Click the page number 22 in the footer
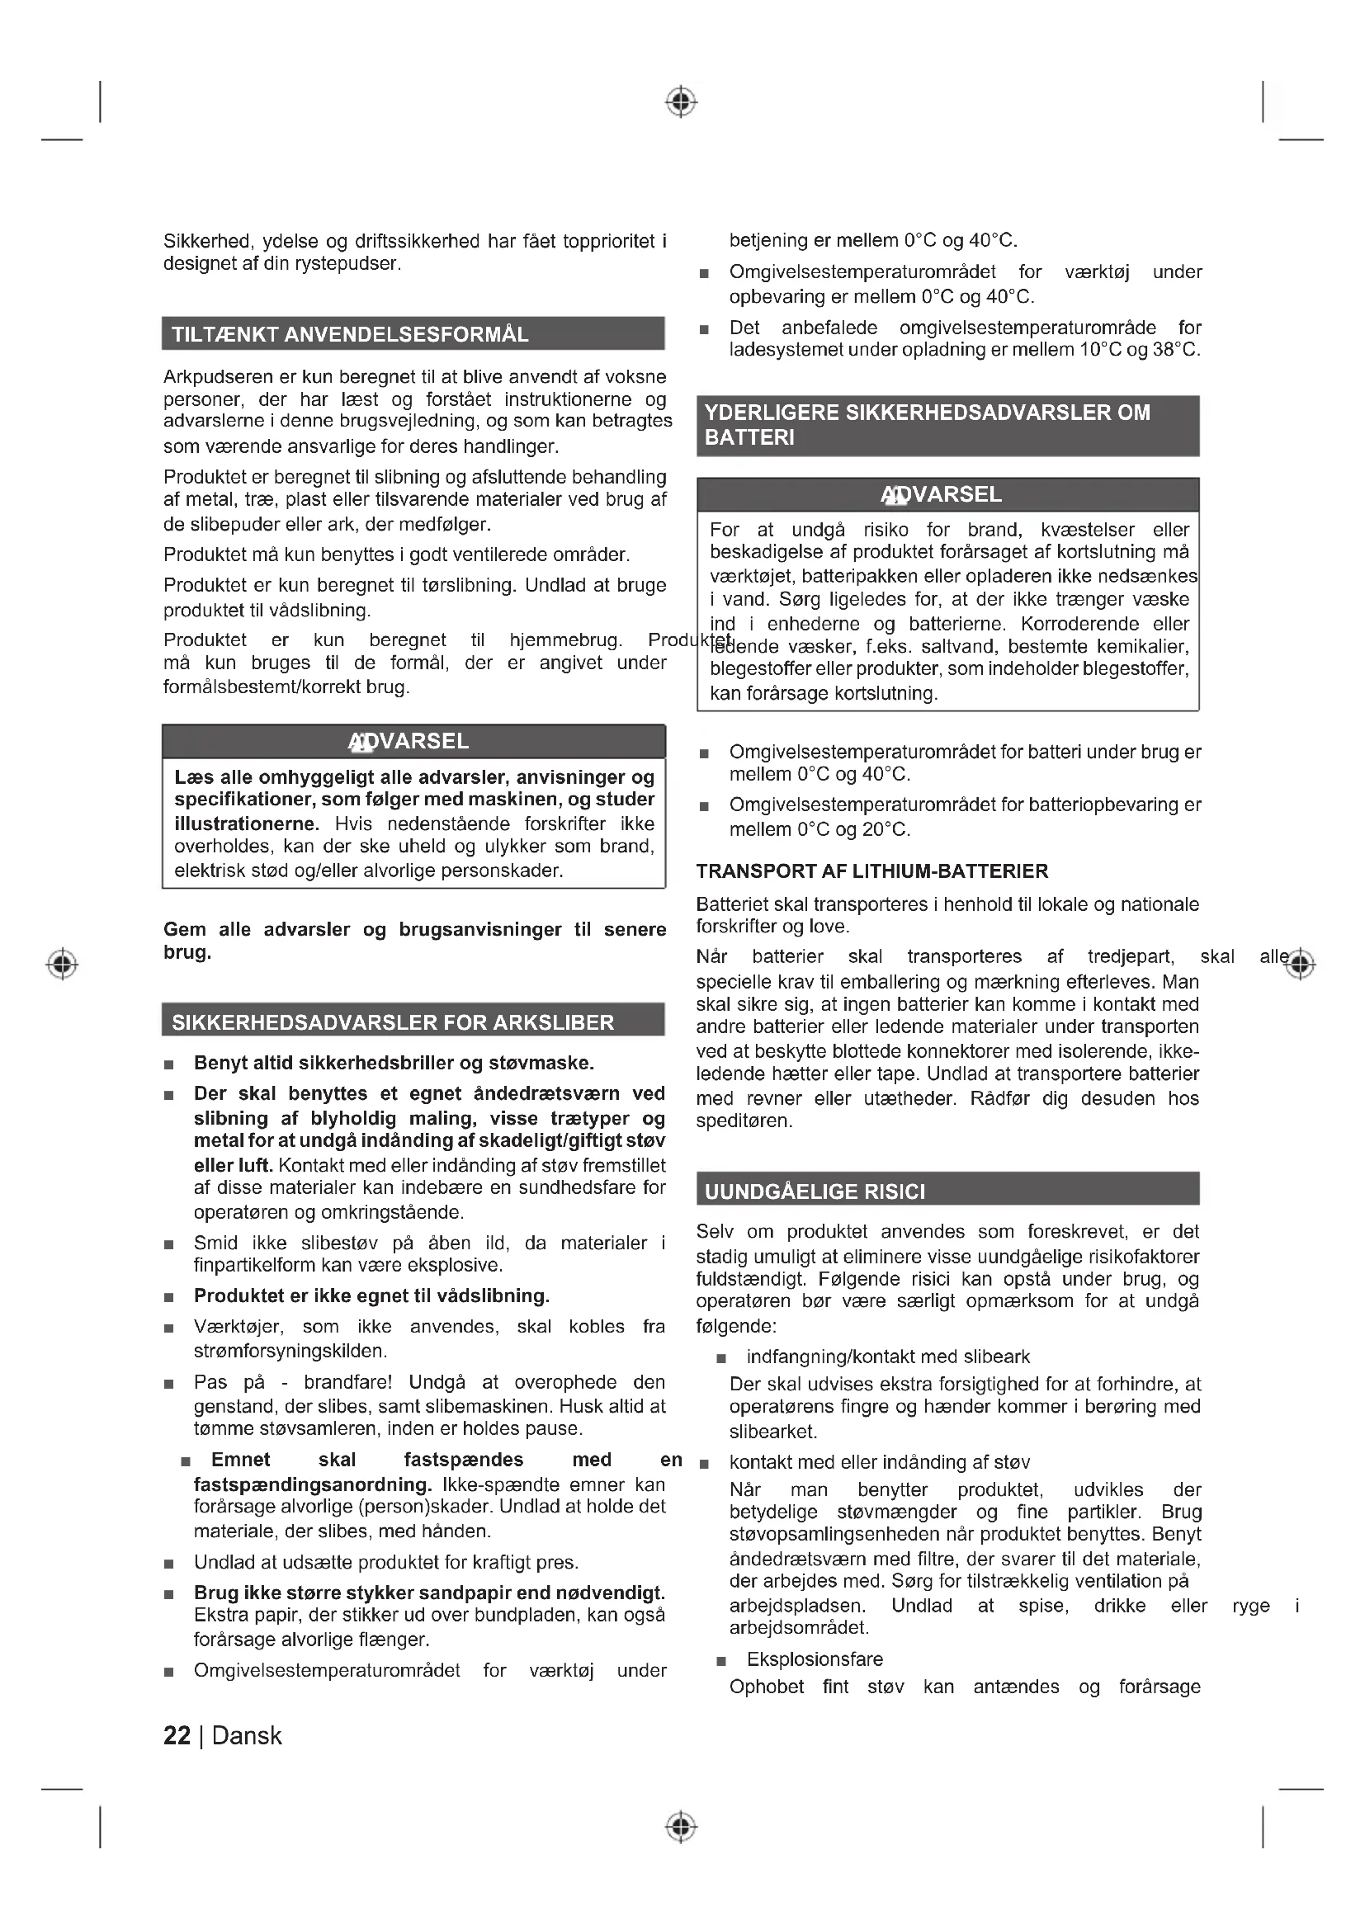177,1736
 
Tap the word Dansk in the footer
247,1736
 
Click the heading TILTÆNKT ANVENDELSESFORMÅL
350,334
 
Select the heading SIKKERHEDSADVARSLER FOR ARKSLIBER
393,1022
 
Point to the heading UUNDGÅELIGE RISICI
815,1192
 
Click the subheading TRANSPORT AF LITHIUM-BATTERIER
871,871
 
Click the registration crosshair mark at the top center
681,101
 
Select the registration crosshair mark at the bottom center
681,1827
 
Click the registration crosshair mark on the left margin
62,963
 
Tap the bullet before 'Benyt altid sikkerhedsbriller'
169,1065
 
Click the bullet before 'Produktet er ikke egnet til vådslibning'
169,1298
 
